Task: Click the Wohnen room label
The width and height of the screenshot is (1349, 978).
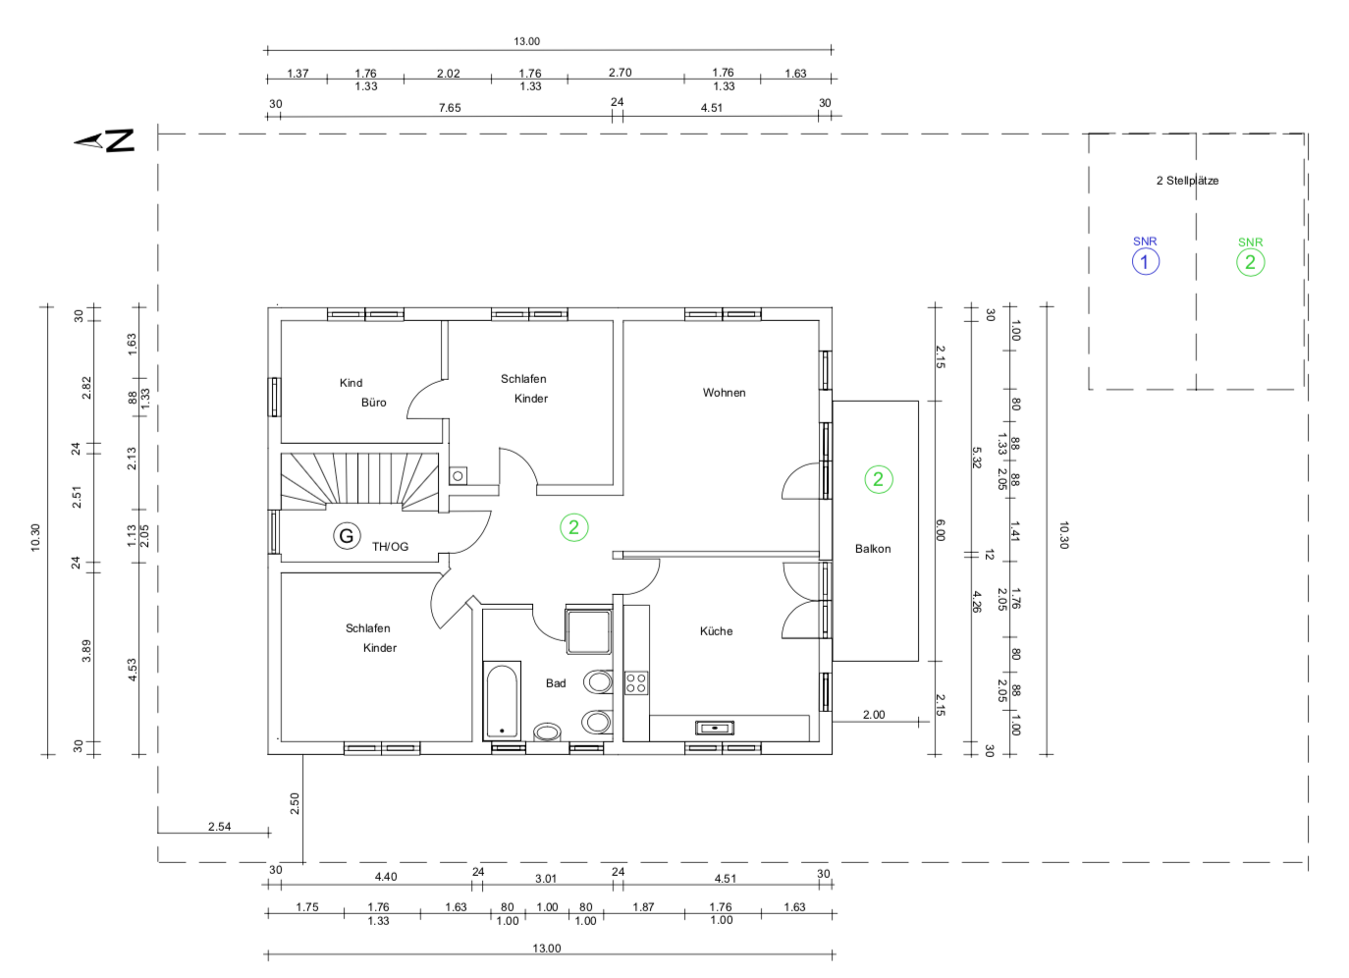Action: [x=724, y=393]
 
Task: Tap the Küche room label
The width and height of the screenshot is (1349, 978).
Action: [x=716, y=631]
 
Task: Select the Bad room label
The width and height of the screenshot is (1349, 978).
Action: [x=556, y=682]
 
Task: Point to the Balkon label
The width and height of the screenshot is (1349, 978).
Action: [x=873, y=549]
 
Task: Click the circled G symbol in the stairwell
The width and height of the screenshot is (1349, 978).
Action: [x=347, y=535]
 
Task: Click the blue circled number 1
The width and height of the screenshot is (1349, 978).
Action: [x=1146, y=262]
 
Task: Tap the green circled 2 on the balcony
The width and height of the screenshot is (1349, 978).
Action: [x=879, y=479]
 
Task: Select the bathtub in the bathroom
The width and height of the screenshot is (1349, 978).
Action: [x=502, y=701]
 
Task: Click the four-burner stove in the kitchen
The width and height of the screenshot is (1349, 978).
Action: [x=636, y=682]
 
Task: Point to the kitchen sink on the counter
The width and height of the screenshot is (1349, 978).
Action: [x=715, y=728]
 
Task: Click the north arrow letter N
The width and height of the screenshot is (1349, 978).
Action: [x=121, y=140]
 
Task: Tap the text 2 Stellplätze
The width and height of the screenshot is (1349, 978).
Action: [x=1187, y=181]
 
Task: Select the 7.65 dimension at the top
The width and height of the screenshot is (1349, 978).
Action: [x=450, y=108]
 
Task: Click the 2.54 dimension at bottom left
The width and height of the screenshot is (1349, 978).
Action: [x=219, y=826]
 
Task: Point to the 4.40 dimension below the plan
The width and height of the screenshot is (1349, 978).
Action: [x=386, y=876]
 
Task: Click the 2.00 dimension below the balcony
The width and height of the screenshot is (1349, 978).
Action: [x=873, y=714]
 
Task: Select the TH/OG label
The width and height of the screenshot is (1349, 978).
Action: [x=390, y=547]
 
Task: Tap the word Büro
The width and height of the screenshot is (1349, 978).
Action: [x=373, y=403]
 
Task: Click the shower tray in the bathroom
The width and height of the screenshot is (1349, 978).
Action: [x=588, y=630]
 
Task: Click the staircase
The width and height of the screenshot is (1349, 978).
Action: [x=360, y=482]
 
